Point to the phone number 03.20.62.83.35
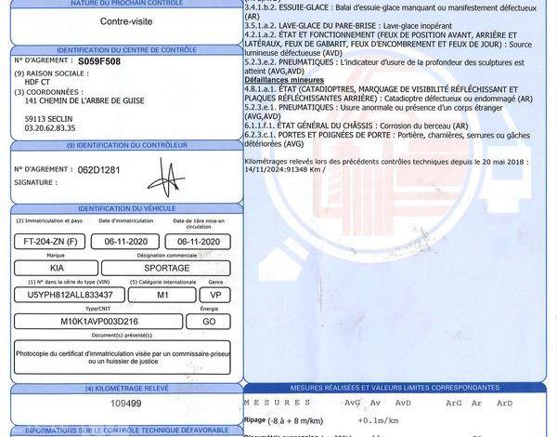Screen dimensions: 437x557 coord(50,128)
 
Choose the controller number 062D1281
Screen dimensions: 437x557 coord(101,170)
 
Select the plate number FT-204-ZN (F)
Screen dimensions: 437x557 coord(47,241)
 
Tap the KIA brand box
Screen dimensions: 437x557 coord(54,268)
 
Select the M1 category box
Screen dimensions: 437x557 coord(163,294)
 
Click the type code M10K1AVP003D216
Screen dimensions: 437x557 coord(98,321)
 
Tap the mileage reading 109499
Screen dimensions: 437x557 coord(125,403)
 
